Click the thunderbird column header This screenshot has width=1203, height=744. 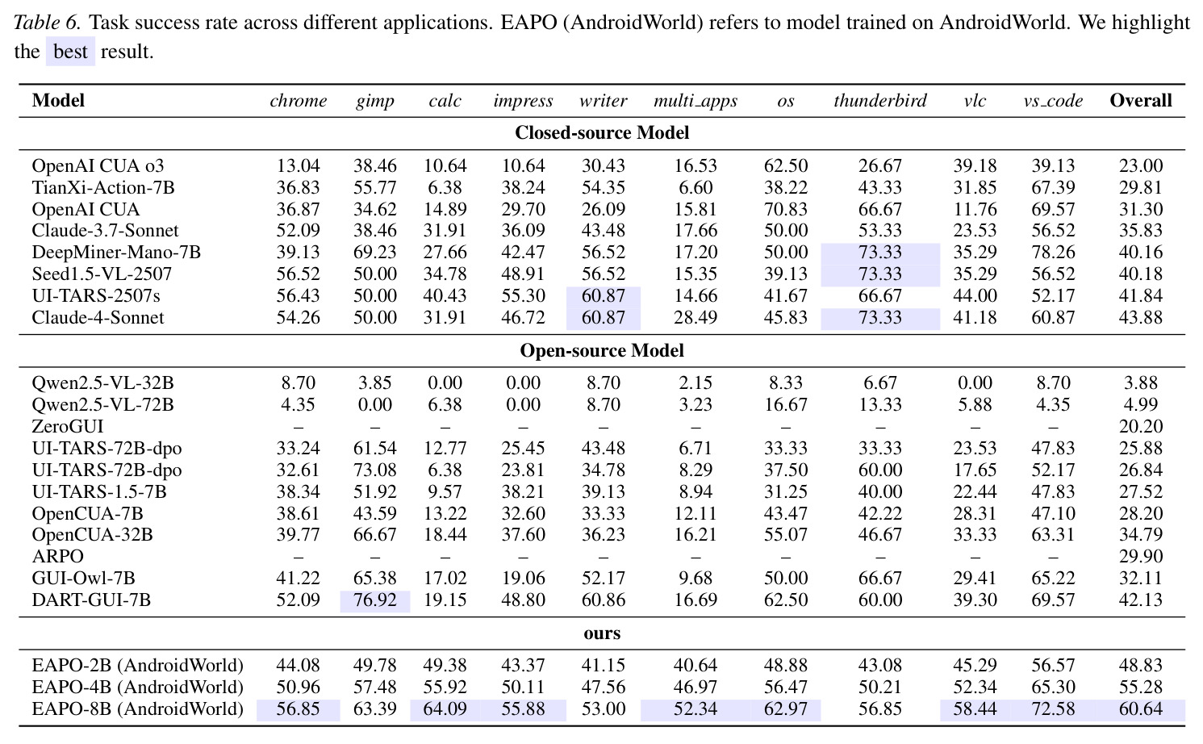879,100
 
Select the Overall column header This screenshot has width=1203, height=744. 1141,100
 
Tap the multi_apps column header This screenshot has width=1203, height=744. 695,101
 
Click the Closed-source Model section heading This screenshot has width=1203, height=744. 602,132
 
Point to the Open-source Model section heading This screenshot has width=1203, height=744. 602,350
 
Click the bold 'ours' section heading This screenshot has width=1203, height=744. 602,633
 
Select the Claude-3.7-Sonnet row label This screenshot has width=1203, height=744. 105,231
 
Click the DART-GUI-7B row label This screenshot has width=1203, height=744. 91,600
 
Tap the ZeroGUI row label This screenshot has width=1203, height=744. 68,426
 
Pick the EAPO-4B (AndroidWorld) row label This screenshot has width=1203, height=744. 137,687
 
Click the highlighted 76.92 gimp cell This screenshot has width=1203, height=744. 375,600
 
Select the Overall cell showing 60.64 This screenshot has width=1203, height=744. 1141,709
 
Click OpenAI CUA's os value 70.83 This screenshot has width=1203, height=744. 786,209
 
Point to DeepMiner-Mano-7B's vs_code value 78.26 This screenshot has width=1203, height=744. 1053,252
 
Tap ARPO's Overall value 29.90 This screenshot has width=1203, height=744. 1141,556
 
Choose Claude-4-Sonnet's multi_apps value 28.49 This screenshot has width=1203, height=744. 695,317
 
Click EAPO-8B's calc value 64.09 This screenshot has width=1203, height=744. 445,709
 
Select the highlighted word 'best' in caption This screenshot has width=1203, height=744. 70,52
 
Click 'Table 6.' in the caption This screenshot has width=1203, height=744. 48,23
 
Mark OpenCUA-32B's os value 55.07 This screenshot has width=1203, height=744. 786,534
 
